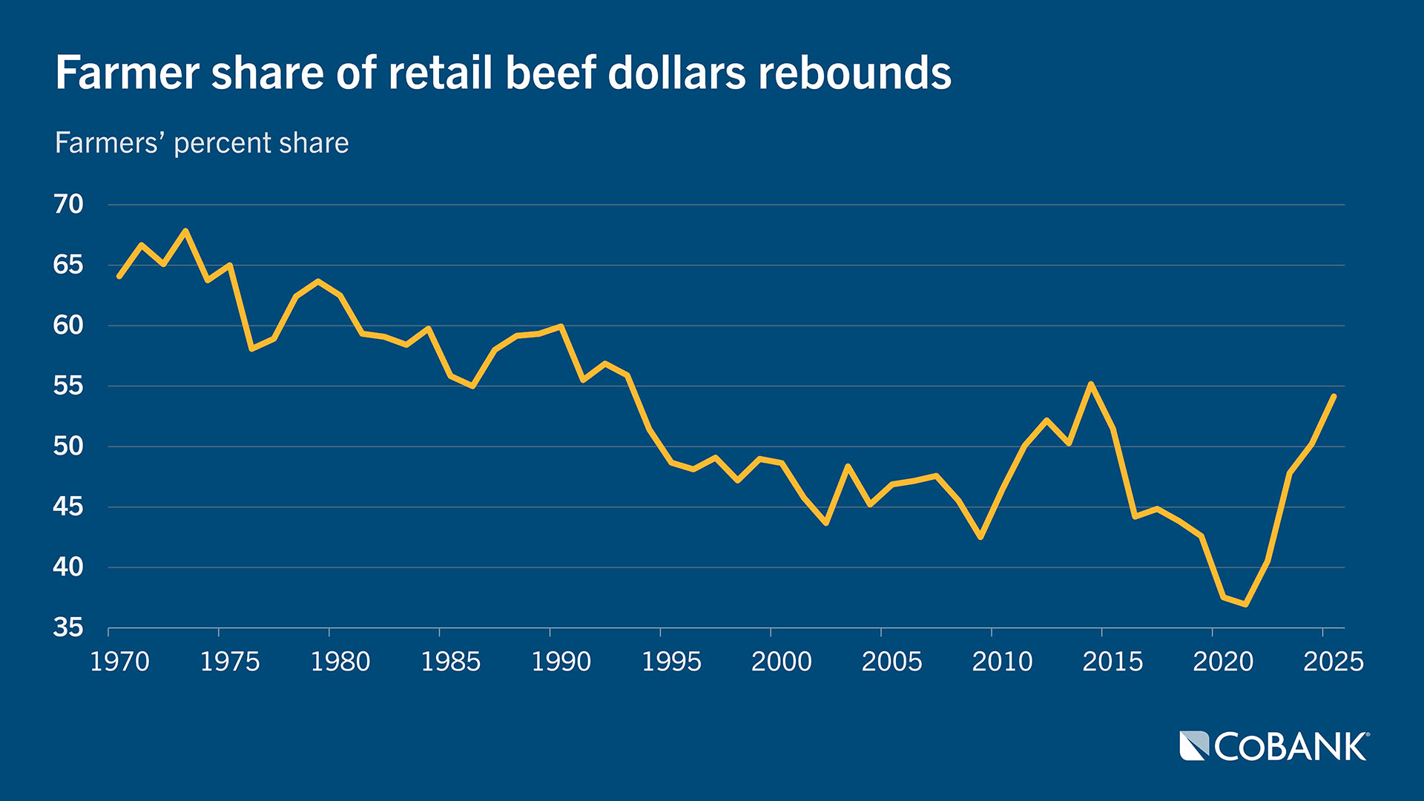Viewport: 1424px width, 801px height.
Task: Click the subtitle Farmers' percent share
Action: [202, 143]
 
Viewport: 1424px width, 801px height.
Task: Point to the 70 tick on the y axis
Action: [68, 204]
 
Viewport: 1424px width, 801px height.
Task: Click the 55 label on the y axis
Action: [68, 386]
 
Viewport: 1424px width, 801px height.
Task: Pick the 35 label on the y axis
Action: [68, 627]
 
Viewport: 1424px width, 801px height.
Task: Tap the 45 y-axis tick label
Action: [68, 507]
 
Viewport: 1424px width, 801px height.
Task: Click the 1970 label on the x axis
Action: [119, 661]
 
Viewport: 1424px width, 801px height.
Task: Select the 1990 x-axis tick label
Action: [561, 661]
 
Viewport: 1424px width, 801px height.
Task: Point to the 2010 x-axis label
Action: [1002, 661]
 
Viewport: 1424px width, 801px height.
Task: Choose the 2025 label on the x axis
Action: [1333, 661]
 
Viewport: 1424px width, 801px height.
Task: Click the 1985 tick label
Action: [450, 661]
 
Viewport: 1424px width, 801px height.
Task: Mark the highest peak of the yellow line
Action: [185, 231]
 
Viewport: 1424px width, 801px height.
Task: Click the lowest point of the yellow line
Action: [1245, 604]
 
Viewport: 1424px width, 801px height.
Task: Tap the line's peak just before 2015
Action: [1091, 383]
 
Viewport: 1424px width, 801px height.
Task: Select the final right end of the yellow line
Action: [1334, 396]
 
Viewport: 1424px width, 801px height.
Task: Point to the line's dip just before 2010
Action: [980, 537]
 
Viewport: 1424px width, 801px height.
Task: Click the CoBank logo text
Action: [1290, 747]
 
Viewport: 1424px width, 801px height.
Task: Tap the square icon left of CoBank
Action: [1194, 746]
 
